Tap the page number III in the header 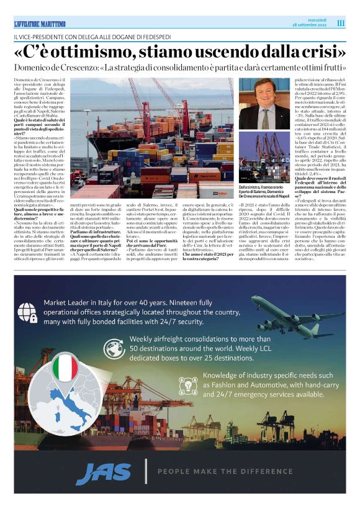click(x=341, y=23)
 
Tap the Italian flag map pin click(x=64, y=369)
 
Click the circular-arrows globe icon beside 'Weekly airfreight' click(x=113, y=348)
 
